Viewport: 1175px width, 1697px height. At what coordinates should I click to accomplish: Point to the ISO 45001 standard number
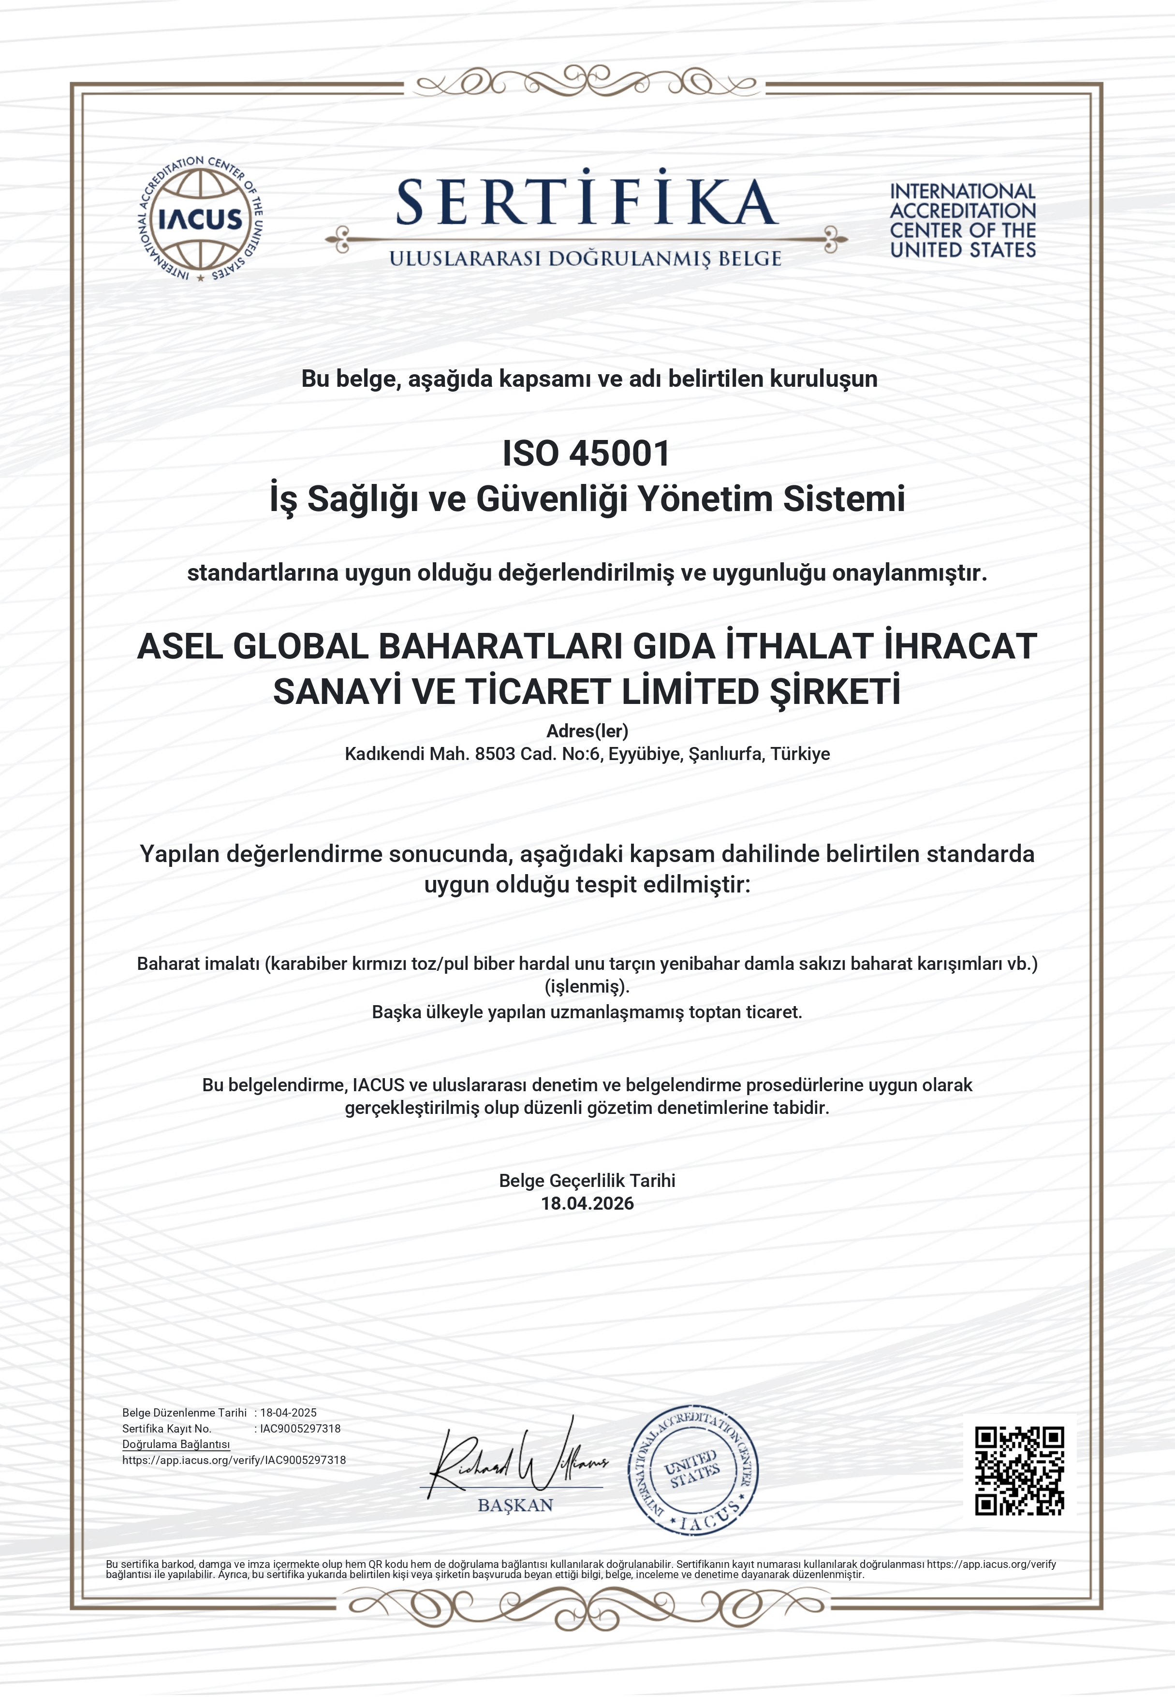click(586, 454)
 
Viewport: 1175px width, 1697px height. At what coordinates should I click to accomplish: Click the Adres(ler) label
click(587, 731)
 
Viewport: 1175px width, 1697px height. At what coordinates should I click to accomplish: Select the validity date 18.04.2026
click(587, 1203)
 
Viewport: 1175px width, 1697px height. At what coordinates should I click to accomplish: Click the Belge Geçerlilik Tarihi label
click(587, 1180)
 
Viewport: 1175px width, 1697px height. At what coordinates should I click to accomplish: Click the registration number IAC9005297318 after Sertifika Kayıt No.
click(300, 1428)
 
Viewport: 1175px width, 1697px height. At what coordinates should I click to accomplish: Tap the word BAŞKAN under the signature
click(515, 1505)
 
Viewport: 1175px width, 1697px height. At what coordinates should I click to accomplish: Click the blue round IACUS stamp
click(693, 1472)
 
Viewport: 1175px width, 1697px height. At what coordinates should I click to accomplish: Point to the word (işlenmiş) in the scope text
click(587, 986)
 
